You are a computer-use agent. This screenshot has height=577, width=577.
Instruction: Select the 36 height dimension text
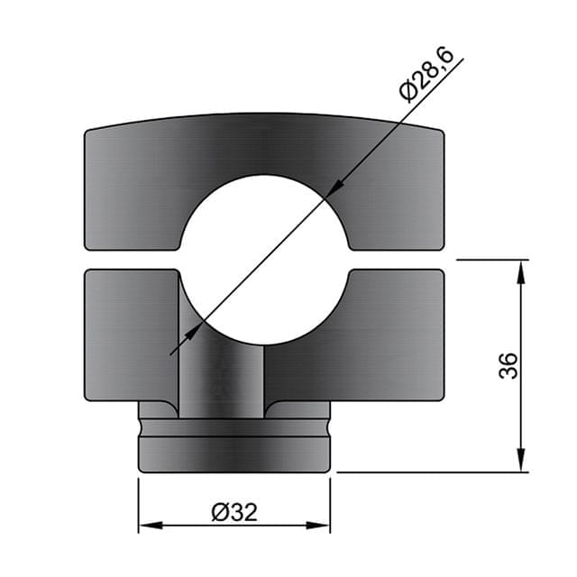coord(509,365)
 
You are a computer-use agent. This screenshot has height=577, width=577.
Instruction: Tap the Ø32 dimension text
coord(234,512)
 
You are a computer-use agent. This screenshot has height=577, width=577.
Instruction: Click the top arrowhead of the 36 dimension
coord(522,269)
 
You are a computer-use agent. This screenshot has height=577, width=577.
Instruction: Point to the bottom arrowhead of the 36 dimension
coord(522,462)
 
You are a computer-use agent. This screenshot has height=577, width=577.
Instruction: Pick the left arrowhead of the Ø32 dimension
coord(147,525)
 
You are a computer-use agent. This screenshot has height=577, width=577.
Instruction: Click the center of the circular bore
coord(263,260)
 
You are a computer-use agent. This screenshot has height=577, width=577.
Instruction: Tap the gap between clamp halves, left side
coord(131,260)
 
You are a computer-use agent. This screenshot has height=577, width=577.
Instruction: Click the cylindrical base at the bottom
coord(234,451)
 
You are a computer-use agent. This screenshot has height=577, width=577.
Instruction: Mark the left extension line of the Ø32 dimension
coord(138,505)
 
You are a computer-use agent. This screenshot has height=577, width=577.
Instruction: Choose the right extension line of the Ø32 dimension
coord(331,505)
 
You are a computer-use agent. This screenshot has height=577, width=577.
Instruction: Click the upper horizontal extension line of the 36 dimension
coord(491,260)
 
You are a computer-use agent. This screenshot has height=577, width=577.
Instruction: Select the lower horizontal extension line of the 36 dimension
coord(433,472)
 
